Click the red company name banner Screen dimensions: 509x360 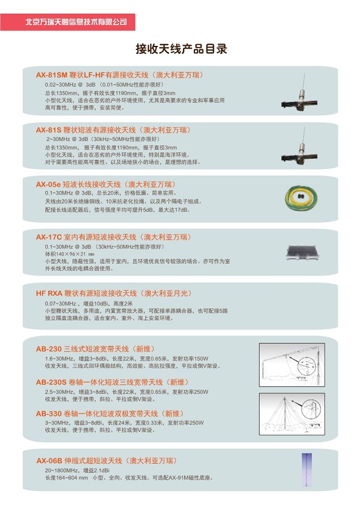point(76,22)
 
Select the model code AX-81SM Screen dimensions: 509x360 point(51,75)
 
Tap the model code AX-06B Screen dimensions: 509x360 point(49,460)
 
